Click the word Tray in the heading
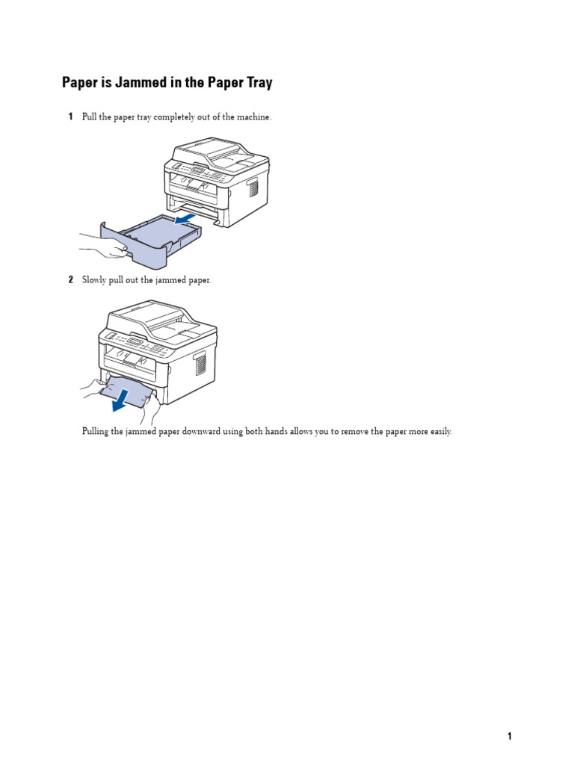256,83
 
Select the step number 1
70,117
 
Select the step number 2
70,279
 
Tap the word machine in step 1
253,117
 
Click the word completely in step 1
166,117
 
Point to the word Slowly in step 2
94,280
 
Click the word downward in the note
200,432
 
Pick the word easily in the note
438,432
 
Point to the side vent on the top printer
253,187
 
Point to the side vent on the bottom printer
200,365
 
